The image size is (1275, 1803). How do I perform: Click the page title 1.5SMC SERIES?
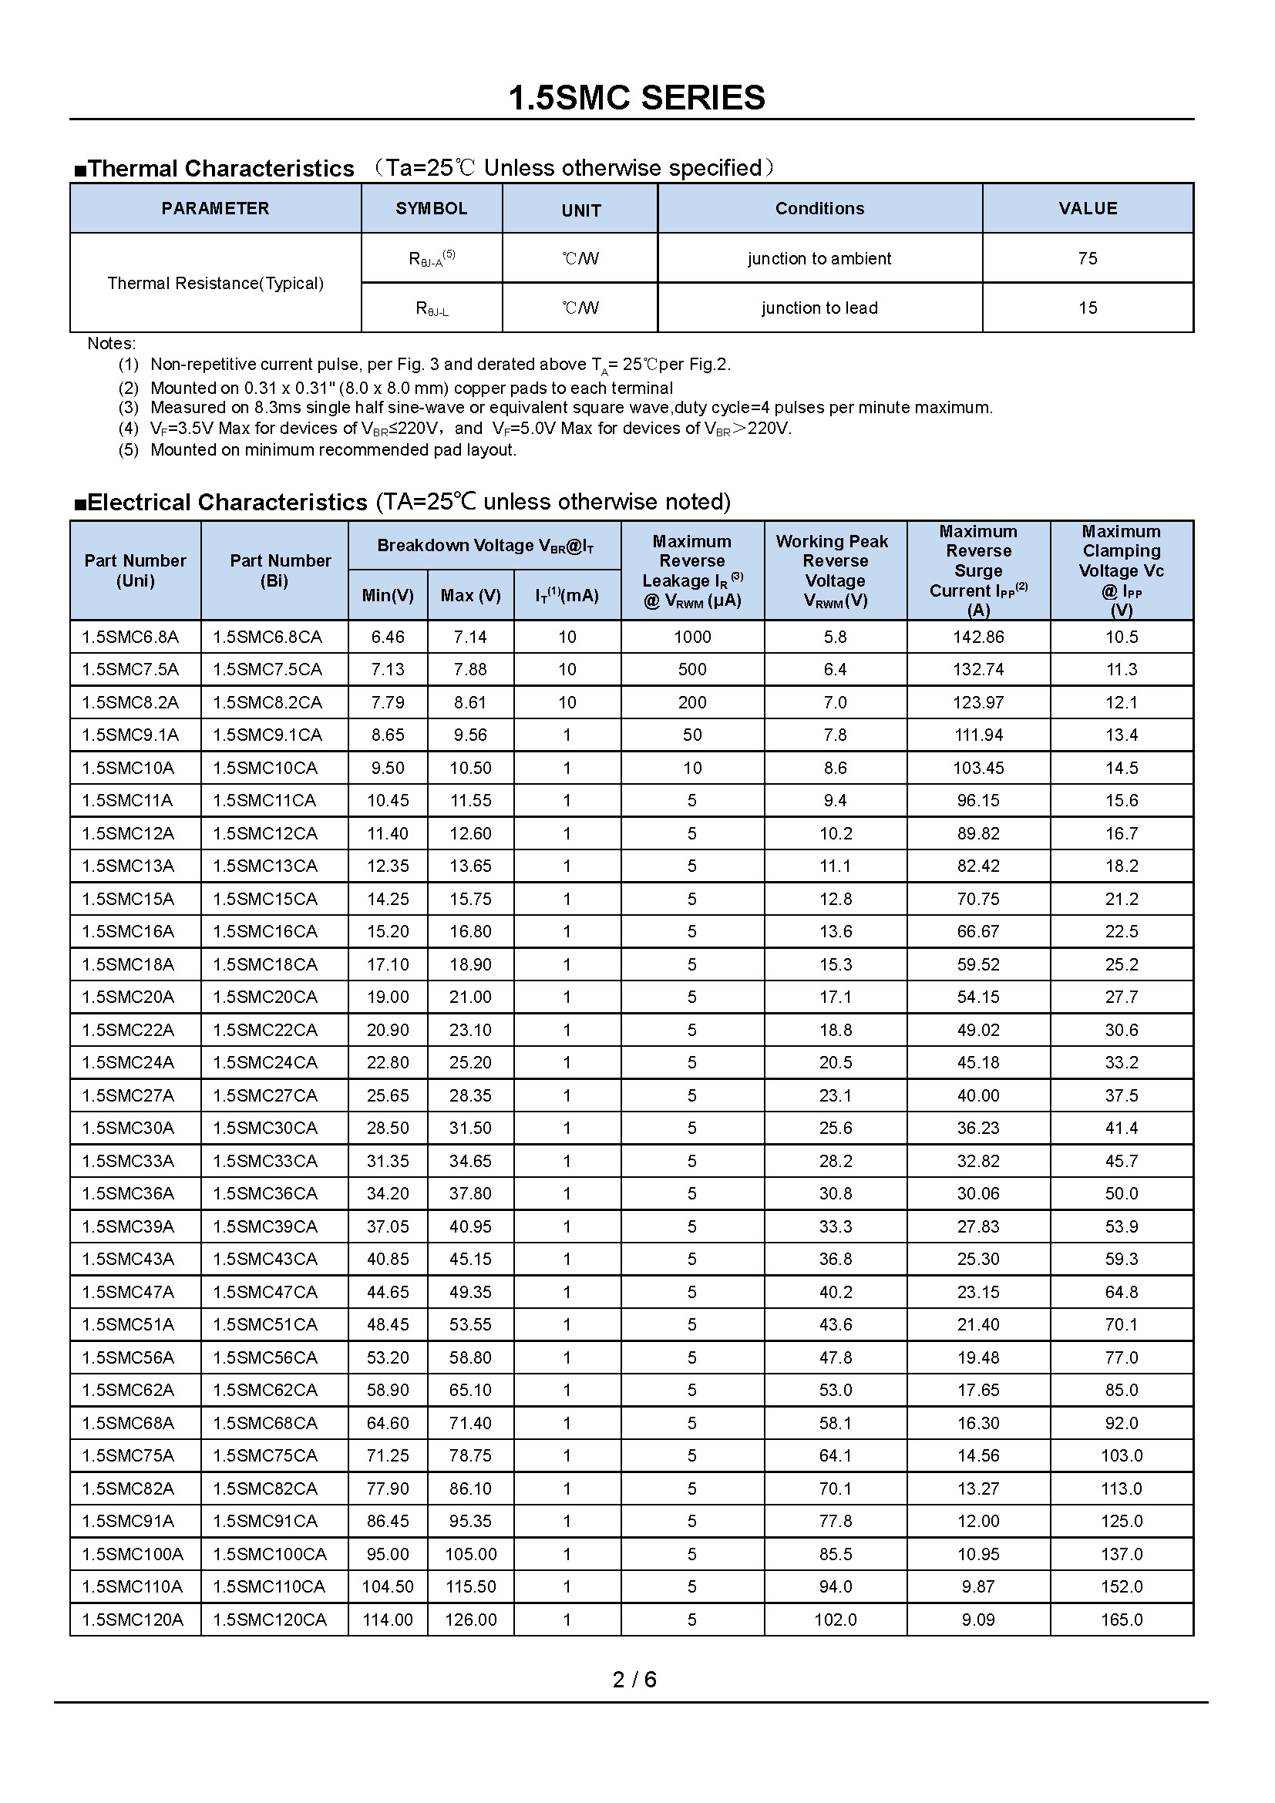pyautogui.click(x=637, y=98)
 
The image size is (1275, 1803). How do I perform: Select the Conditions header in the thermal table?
pyautogui.click(x=819, y=208)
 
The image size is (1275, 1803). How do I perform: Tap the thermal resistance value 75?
pyautogui.click(x=1088, y=258)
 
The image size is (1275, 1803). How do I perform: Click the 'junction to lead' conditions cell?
pyautogui.click(x=819, y=308)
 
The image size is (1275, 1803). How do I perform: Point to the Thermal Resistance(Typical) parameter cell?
pyautogui.click(x=215, y=283)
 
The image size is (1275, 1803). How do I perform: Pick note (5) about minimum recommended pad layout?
pyautogui.click(x=333, y=450)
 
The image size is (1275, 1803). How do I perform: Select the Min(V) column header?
pyautogui.click(x=388, y=595)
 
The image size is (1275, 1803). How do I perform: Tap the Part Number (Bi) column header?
pyautogui.click(x=274, y=570)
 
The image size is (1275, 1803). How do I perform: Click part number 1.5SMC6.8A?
pyautogui.click(x=130, y=637)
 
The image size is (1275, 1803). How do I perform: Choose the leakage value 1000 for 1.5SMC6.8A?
pyautogui.click(x=692, y=637)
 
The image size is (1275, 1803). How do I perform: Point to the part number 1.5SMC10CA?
pyautogui.click(x=265, y=768)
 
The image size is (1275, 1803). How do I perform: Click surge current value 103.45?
pyautogui.click(x=978, y=768)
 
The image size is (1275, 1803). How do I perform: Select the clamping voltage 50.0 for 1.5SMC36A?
pyautogui.click(x=1121, y=1193)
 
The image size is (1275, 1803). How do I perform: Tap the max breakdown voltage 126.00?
pyautogui.click(x=471, y=1620)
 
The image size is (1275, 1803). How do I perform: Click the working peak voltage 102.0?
pyautogui.click(x=836, y=1620)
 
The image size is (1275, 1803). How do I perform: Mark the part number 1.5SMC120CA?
pyautogui.click(x=269, y=1620)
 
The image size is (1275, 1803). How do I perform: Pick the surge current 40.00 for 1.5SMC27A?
pyautogui.click(x=978, y=1095)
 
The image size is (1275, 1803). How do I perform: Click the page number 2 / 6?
pyautogui.click(x=634, y=1679)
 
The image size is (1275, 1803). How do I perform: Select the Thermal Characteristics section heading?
pyautogui.click(x=220, y=168)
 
